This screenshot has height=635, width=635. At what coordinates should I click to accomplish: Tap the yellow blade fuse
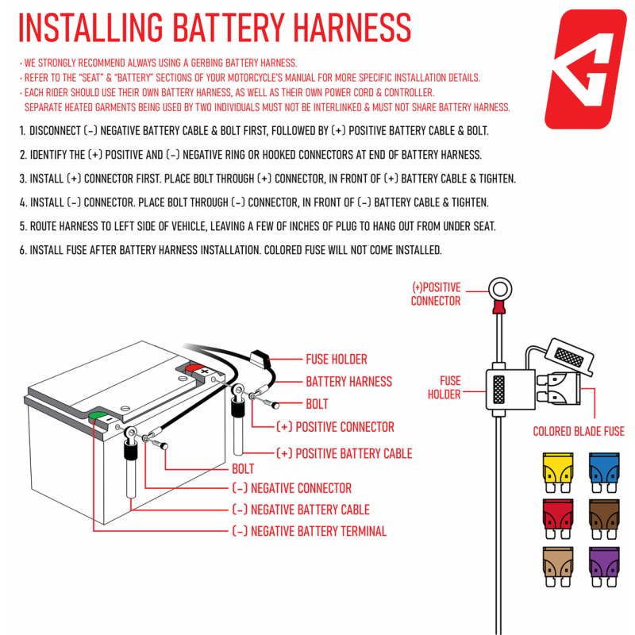coord(556,470)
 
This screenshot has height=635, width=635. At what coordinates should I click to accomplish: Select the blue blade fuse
coord(603,470)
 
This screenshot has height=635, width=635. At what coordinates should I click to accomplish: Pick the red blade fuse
coord(556,517)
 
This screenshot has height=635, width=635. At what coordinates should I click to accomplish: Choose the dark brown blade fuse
coord(603,517)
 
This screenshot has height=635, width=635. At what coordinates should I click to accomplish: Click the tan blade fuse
coord(556,564)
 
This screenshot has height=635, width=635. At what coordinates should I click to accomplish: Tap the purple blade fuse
coord(603,564)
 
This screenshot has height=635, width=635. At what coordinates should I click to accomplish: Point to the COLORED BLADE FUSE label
coord(578,432)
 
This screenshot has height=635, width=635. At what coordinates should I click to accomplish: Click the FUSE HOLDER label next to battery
coord(337,360)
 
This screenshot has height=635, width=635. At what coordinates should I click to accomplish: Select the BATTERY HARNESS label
coord(348,382)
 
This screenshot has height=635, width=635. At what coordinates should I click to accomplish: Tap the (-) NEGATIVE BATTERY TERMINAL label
coord(309,532)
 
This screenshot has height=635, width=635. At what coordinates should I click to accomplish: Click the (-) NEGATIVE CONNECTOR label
coord(291,488)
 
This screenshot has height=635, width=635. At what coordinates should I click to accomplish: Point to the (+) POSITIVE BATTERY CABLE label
coord(344,453)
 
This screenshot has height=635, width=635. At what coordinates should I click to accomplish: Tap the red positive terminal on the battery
coord(194,368)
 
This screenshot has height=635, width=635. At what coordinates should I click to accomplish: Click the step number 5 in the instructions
coord(22,226)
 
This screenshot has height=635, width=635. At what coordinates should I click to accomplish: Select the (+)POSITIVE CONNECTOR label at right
coord(435,294)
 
